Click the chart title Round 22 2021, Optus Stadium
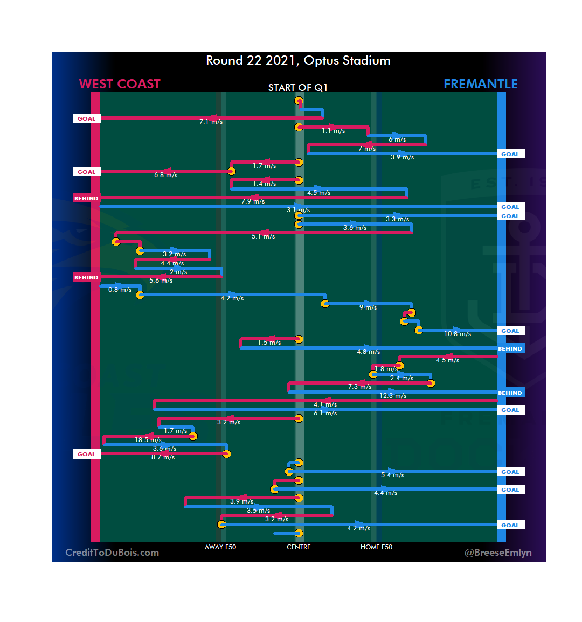(298, 60)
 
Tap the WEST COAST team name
(120, 84)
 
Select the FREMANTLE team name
(480, 84)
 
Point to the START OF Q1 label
(297, 88)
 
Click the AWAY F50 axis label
(220, 547)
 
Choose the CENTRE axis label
(299, 547)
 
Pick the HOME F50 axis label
(376, 547)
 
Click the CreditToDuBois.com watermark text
(112, 553)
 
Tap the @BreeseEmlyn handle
(498, 553)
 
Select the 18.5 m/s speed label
(148, 440)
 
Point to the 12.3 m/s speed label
(393, 396)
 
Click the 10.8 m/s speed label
(458, 334)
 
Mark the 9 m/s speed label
(368, 307)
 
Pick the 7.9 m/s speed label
(253, 201)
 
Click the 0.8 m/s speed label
(120, 290)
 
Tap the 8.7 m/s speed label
(163, 457)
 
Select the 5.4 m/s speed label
(392, 475)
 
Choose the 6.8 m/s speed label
(165, 175)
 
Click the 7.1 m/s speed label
(211, 122)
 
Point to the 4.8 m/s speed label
(368, 352)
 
